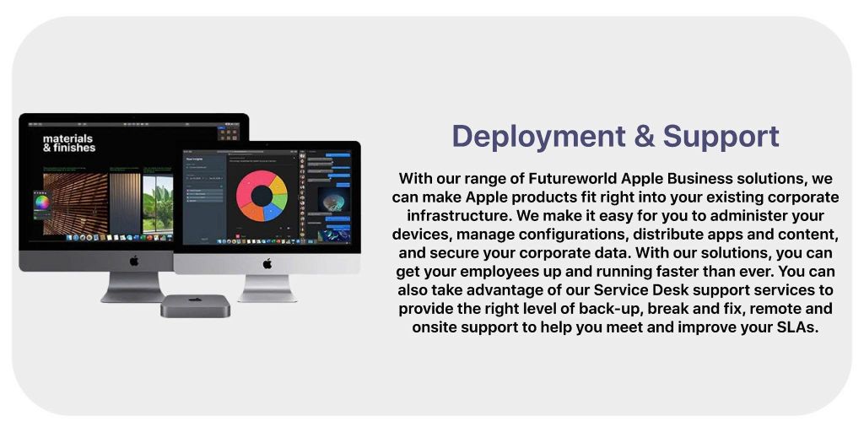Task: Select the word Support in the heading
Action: point(721,137)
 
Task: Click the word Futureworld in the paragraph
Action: point(575,179)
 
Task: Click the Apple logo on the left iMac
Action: point(133,260)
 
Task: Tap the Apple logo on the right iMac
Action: point(267,263)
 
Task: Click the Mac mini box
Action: point(195,305)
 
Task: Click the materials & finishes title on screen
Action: point(69,143)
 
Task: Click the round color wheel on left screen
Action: point(42,202)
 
